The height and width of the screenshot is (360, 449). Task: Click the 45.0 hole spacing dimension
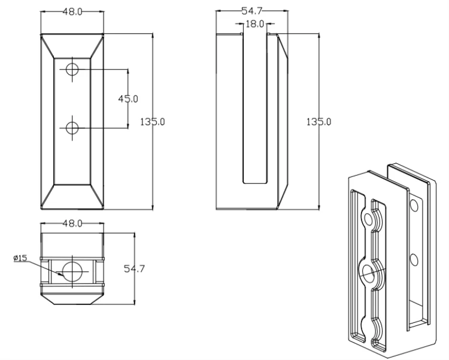pos(128,99)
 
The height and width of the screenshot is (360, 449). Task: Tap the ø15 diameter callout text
pos(20,258)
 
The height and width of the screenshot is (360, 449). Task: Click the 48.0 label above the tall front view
pos(72,12)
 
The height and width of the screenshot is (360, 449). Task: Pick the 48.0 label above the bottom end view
pos(72,223)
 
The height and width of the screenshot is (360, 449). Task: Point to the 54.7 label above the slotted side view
pos(251,11)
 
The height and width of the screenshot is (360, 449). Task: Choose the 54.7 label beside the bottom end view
pos(134,269)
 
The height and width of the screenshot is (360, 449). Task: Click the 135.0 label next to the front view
pos(152,122)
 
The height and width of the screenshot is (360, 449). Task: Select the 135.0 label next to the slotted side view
pos(318,122)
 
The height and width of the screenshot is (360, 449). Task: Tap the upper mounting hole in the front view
pos(72,69)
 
